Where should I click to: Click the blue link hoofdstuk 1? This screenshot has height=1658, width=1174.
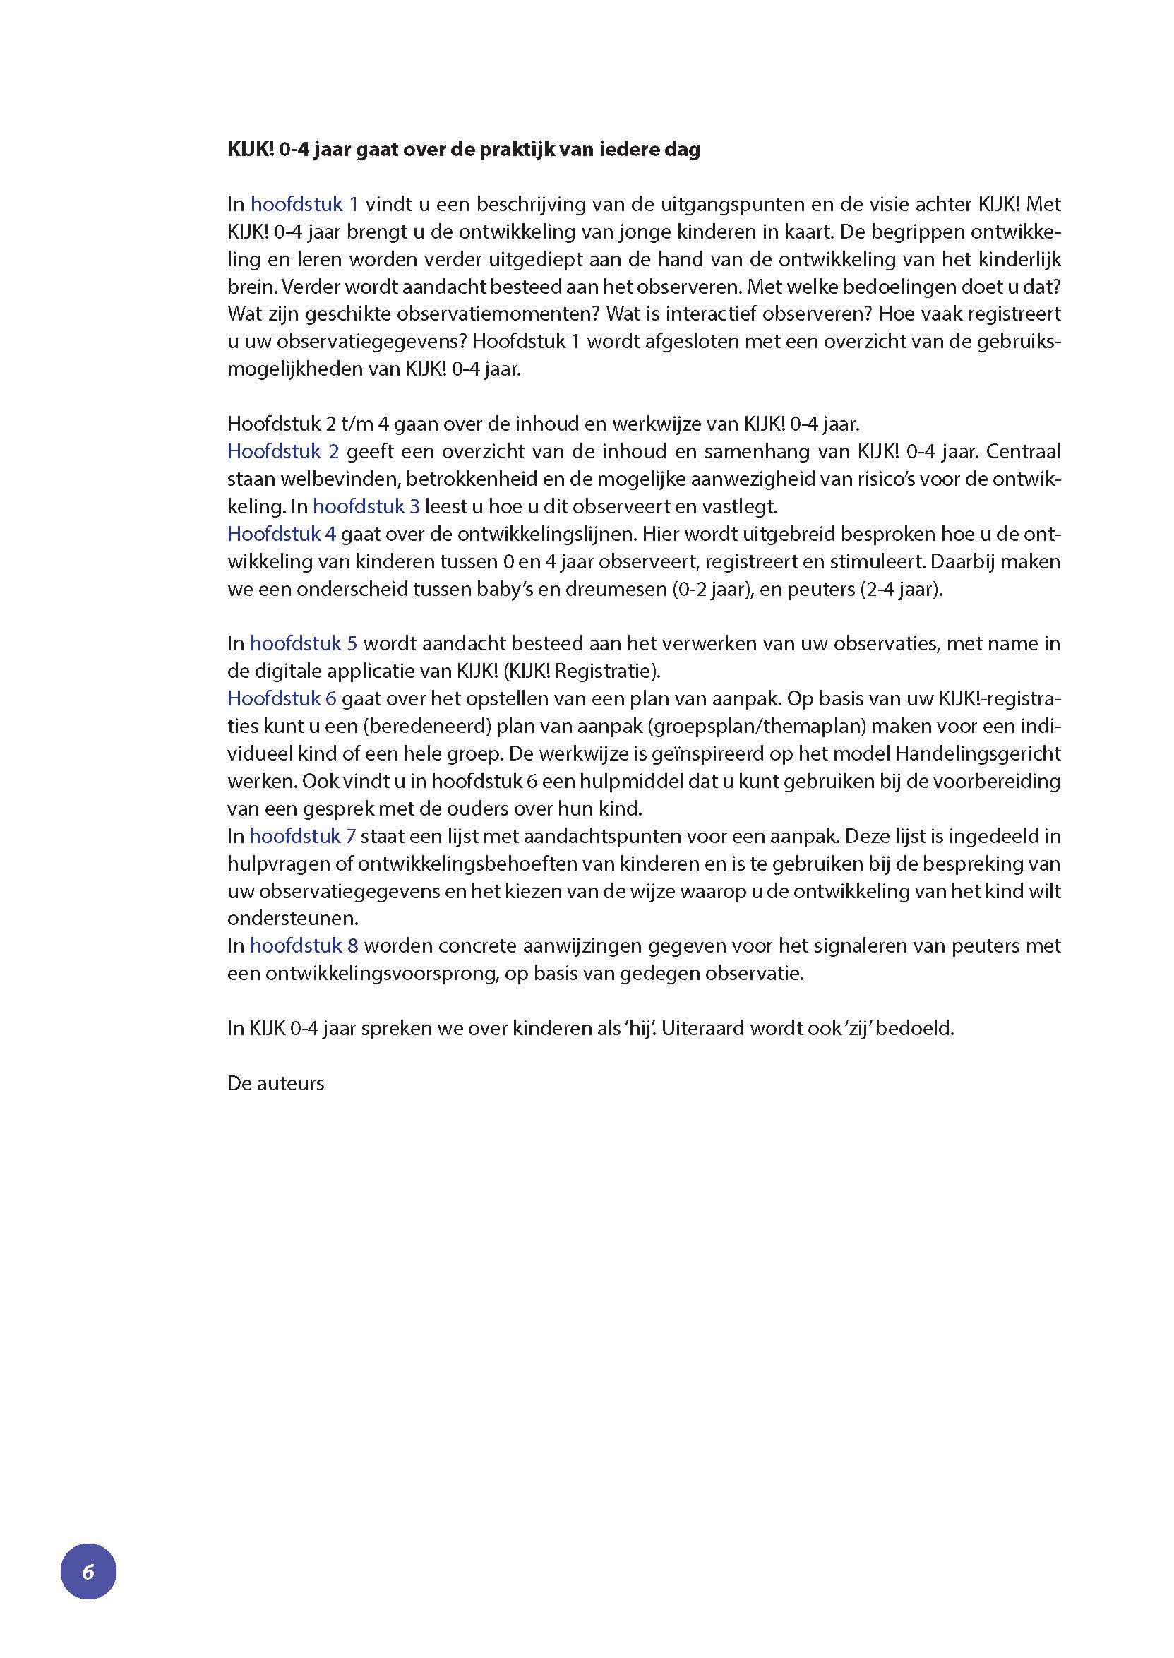pyautogui.click(x=304, y=205)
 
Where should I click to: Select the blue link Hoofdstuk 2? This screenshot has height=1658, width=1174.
pyautogui.click(x=282, y=452)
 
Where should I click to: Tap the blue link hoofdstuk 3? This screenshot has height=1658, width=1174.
pyautogui.click(x=366, y=507)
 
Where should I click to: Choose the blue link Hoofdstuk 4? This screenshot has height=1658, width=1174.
pyautogui.click(x=281, y=535)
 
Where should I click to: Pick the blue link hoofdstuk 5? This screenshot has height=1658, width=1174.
pyautogui.click(x=304, y=643)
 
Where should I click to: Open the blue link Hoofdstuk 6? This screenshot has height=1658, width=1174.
pyautogui.click(x=282, y=698)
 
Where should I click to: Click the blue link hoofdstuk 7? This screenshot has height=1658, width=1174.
pyautogui.click(x=302, y=837)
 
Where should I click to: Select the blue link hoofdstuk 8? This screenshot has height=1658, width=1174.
pyautogui.click(x=304, y=946)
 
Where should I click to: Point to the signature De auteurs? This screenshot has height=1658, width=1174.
pyautogui.click(x=275, y=1083)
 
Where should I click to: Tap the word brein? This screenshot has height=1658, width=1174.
pyautogui.click(x=250, y=287)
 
